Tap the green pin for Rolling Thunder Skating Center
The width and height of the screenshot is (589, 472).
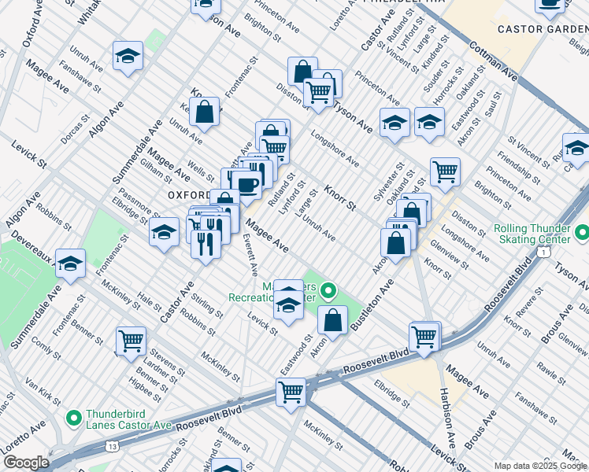tap(581, 234)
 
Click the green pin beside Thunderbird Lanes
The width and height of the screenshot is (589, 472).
tap(74, 418)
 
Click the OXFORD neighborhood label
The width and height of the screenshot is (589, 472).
tap(188, 194)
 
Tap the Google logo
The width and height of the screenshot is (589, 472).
tap(26, 463)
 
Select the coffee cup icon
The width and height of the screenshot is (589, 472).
tap(246, 185)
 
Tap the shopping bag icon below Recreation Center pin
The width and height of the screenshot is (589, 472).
tap(333, 319)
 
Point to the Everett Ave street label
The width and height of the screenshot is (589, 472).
tap(251, 255)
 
